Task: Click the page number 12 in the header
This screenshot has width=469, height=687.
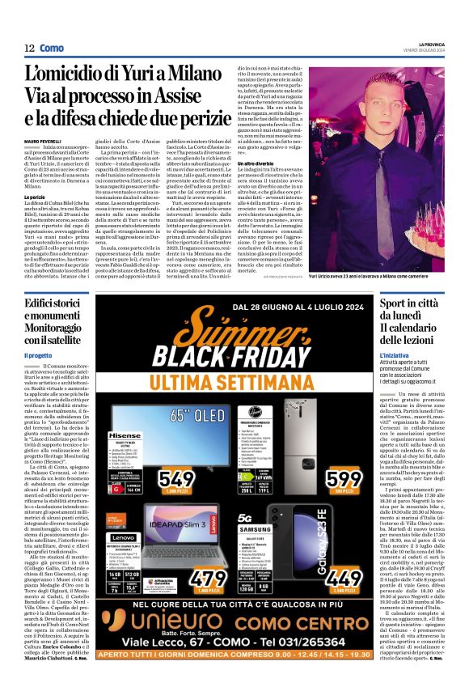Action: point(29,48)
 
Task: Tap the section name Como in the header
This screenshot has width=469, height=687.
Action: point(52,48)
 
